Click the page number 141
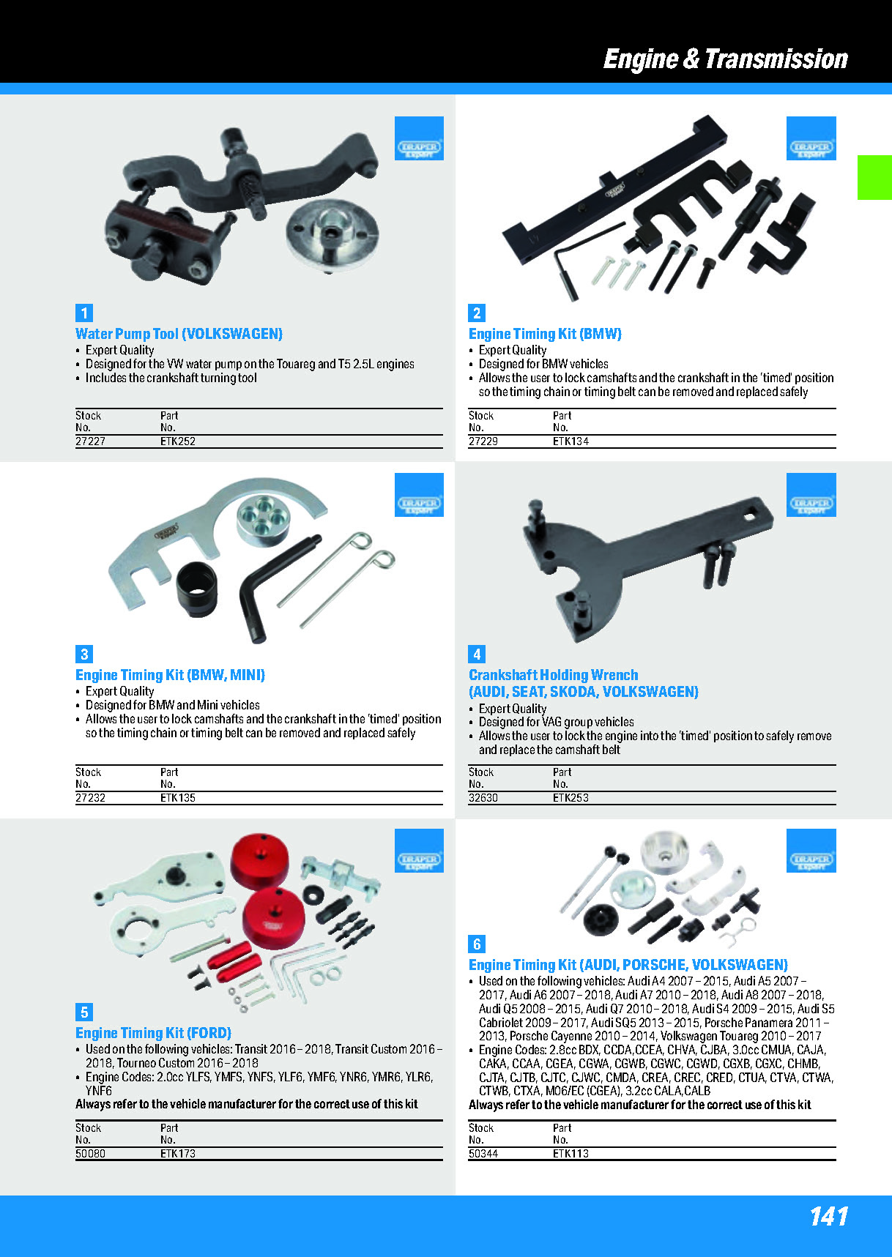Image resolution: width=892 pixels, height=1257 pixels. click(x=829, y=1216)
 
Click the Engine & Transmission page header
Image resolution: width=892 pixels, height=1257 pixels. click(x=725, y=59)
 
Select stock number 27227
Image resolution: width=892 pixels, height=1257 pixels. click(x=90, y=441)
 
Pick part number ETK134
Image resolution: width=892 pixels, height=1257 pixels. click(x=570, y=441)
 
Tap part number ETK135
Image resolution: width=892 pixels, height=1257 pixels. click(x=178, y=798)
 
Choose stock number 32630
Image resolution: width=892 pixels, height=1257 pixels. click(x=483, y=798)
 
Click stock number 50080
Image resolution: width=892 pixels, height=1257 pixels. click(x=90, y=1154)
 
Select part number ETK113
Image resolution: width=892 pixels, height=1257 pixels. click(x=570, y=1154)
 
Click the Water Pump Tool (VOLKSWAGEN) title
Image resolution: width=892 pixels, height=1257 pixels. click(x=179, y=334)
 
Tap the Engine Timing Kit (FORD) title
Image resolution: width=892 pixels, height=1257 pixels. click(x=153, y=1033)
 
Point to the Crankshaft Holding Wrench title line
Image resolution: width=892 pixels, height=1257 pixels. click(x=553, y=675)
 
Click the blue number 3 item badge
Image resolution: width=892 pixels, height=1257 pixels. click(x=84, y=654)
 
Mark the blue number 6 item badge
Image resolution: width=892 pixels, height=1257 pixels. click(x=477, y=944)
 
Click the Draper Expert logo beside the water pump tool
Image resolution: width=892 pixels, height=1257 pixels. click(x=419, y=138)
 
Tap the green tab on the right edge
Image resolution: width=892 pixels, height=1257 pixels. click(x=874, y=177)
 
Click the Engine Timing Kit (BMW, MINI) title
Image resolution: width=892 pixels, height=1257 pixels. click(x=170, y=675)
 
